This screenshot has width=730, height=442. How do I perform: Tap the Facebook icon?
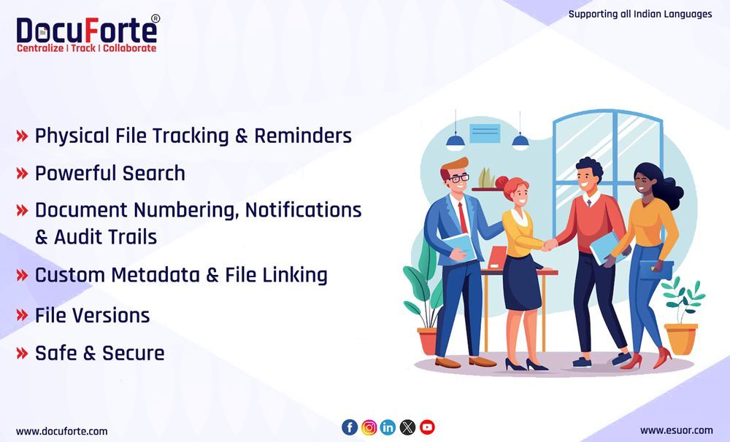coord(350,427)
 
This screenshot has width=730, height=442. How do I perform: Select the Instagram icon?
coord(369,427)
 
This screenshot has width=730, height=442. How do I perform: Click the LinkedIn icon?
coord(388,427)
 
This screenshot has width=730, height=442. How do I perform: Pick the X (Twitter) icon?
coord(407,427)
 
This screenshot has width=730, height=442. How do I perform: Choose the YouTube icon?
coord(427,427)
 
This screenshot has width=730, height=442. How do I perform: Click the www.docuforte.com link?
coord(61,431)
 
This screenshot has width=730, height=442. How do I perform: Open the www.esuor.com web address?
coord(676,430)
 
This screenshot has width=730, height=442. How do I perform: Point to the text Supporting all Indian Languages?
coord(639,14)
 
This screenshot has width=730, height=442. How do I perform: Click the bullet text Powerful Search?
coord(110,174)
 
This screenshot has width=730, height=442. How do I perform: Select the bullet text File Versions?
coord(93,316)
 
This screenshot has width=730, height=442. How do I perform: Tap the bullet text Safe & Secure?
coord(100,354)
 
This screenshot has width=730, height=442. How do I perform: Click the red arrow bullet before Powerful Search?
coord(22,174)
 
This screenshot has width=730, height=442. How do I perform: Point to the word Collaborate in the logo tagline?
coord(129,48)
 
